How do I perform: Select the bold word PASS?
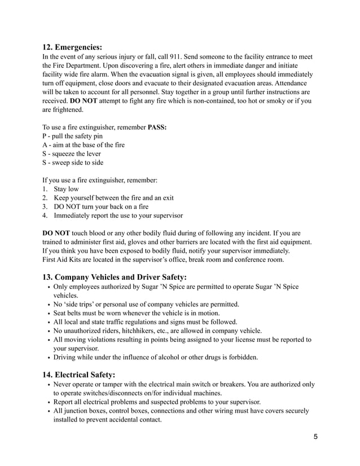pos(157,127)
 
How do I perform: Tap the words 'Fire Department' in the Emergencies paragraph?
pos(80,65)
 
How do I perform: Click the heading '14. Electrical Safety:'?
pos(79,375)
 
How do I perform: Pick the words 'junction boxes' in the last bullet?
pos(82,411)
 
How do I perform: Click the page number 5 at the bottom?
pos(316,437)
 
